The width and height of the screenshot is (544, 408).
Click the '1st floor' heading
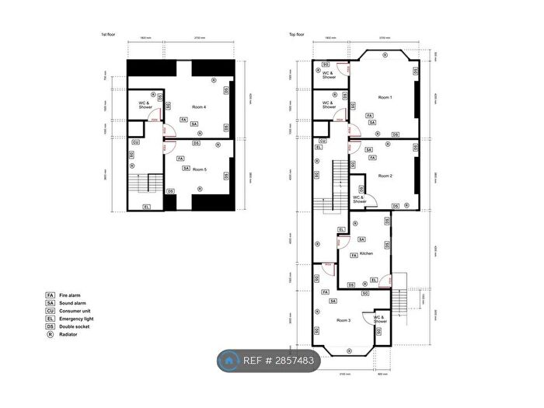point(109,35)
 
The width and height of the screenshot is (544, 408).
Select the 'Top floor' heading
point(297,35)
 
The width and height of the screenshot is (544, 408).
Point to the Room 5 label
point(199,169)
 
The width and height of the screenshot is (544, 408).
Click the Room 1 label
point(385,97)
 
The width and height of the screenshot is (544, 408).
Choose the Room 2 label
point(385,176)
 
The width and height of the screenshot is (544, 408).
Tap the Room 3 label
point(343,319)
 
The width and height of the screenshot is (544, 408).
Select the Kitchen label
point(366,253)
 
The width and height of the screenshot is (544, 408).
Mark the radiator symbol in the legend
point(50,333)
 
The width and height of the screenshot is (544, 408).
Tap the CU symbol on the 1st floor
point(135,142)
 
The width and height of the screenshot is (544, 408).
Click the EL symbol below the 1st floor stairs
point(147,206)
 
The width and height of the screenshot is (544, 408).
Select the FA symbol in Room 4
point(183,120)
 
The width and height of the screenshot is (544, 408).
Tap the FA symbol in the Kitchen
point(354,256)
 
